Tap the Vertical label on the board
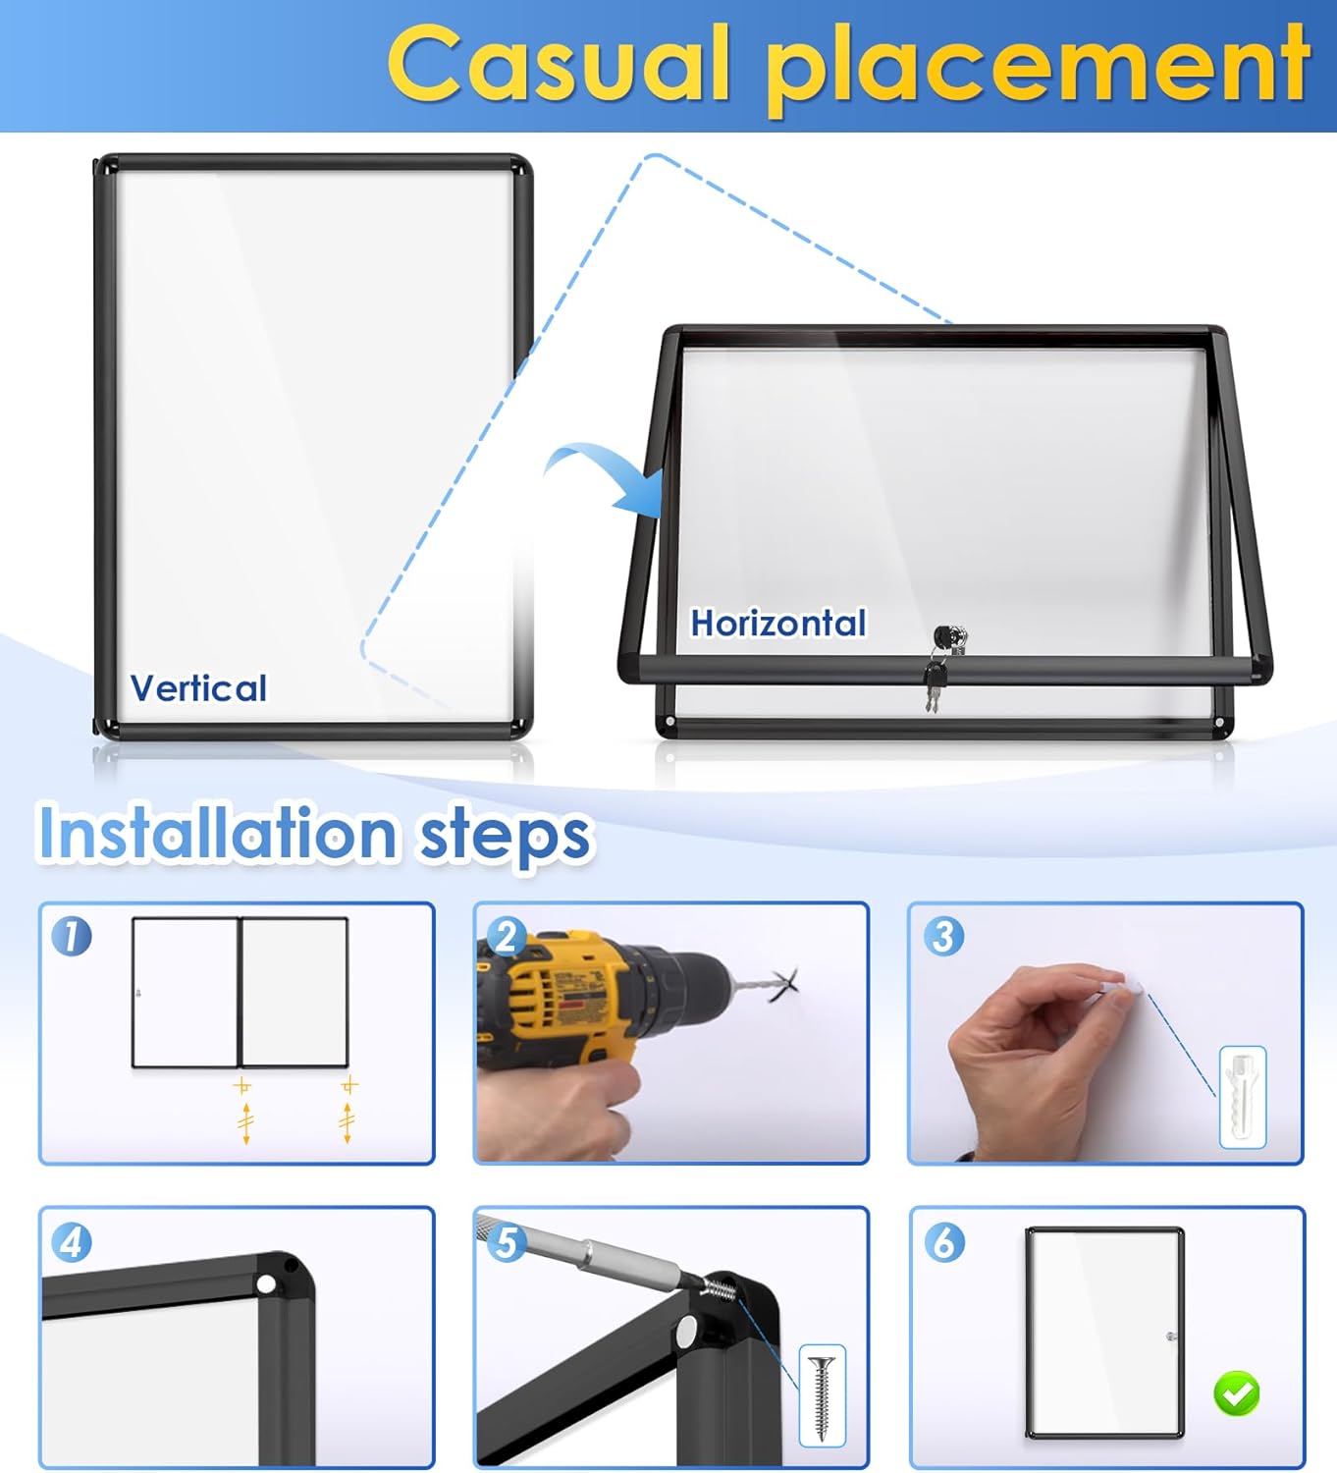[198, 688]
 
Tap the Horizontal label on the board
[778, 623]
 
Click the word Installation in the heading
[218, 833]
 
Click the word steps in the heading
[505, 837]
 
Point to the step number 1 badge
[72, 936]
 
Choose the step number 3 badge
[942, 936]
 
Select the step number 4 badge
[72, 1242]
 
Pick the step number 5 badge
[507, 1242]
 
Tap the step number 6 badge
[942, 1242]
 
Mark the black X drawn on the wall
[785, 983]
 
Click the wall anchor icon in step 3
[1242, 1097]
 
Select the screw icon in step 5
[822, 1395]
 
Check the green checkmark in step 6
[1236, 1392]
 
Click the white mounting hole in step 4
[266, 1283]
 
